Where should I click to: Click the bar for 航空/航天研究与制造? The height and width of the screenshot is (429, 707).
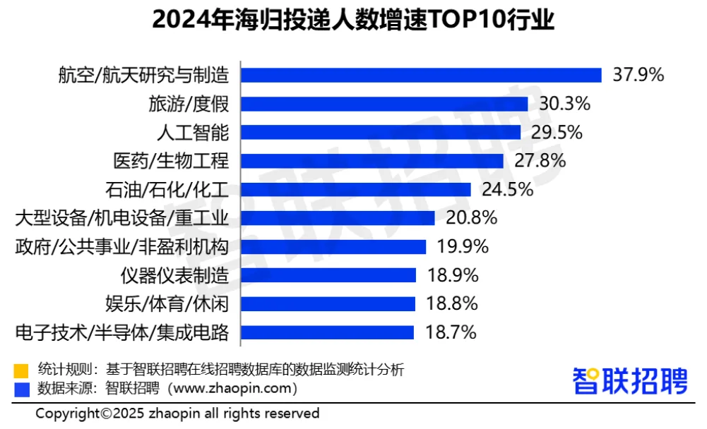pos(421,75)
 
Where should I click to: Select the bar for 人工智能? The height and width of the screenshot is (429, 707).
pos(381,132)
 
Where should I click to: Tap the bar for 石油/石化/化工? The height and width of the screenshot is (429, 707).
pos(356,189)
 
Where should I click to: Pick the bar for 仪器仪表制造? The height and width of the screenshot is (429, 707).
pos(328,274)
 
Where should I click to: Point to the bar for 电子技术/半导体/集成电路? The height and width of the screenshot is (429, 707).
pos(328,332)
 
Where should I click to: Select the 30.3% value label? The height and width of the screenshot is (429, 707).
pos(564,104)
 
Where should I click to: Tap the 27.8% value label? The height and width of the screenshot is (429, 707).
pos(540,160)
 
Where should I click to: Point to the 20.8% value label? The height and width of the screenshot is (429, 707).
pos(471,217)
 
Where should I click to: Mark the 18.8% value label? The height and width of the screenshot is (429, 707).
pos(451,303)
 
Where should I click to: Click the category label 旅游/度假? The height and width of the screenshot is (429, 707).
pos(189,104)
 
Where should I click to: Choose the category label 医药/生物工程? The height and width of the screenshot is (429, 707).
pos(171,160)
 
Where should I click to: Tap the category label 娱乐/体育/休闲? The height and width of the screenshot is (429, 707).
pos(166,303)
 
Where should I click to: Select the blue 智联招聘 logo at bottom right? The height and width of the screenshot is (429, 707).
pos(629,381)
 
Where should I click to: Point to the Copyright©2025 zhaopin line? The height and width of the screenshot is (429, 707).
pos(177,413)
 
